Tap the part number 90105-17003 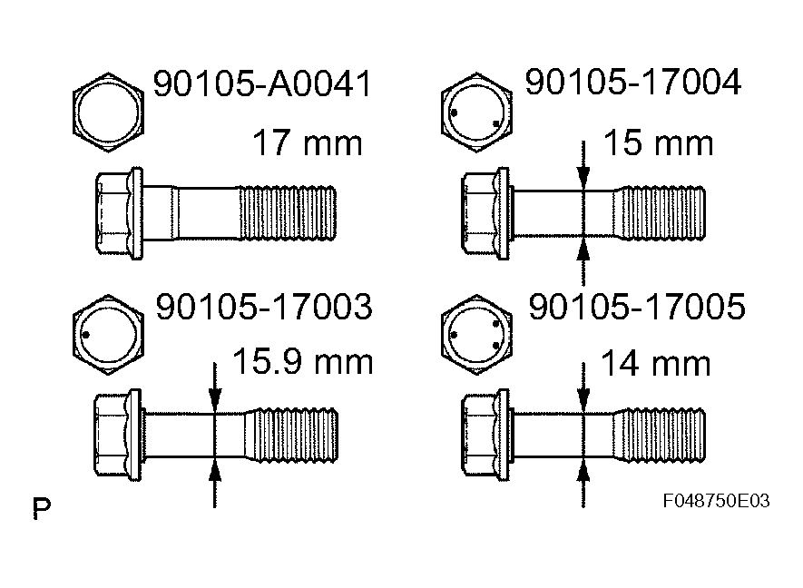point(264,309)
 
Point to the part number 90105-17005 point(636,309)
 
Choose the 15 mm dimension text point(657,142)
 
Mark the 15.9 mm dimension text point(303,362)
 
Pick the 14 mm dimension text point(655,364)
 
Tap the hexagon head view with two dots point(473,112)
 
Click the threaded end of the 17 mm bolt point(288,212)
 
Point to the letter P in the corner point(42,508)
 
